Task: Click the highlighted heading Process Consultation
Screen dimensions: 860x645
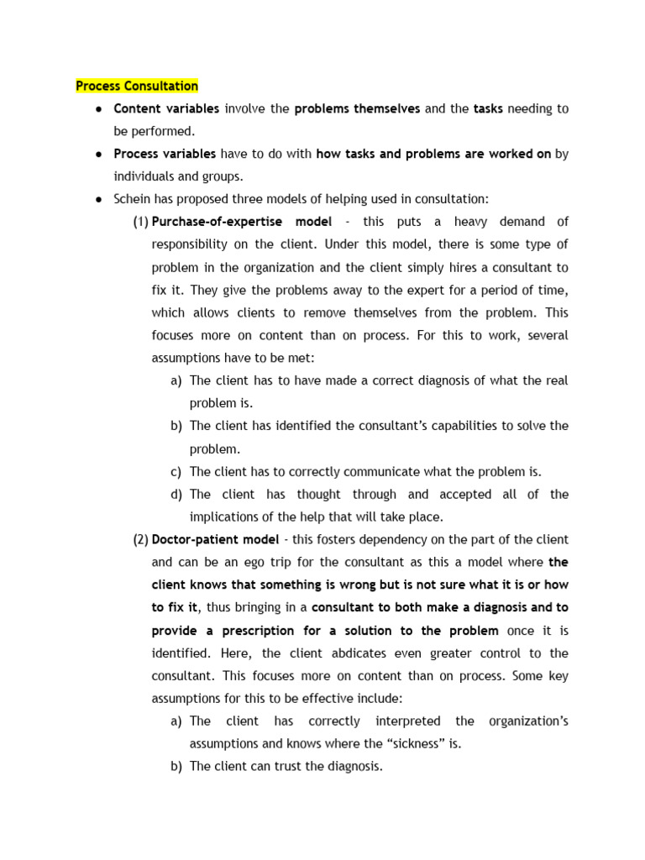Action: point(137,86)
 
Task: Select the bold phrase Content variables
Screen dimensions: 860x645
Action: point(166,108)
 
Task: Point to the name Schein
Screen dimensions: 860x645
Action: point(134,199)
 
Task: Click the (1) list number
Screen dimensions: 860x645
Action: point(140,222)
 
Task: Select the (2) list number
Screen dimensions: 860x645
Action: point(140,539)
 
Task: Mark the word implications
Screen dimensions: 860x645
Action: point(227,517)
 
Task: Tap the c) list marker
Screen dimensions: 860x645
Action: point(176,471)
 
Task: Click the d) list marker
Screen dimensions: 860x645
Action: point(176,494)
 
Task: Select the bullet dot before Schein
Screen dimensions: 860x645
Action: point(98,199)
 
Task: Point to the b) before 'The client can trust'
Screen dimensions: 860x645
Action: point(176,766)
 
